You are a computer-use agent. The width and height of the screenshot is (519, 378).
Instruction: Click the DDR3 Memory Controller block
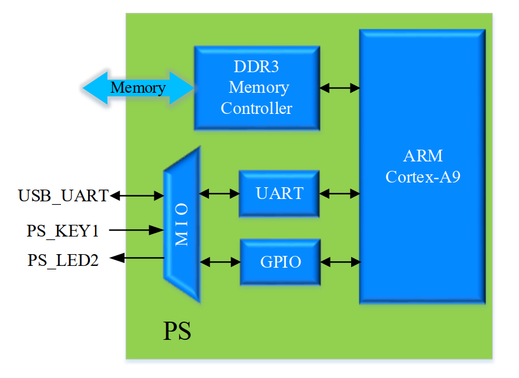coord(257,87)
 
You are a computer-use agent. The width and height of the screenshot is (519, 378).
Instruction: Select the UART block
coord(279,194)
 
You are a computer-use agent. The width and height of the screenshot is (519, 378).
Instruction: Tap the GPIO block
coord(281,262)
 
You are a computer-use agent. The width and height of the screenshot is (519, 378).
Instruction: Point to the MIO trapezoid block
coord(182,224)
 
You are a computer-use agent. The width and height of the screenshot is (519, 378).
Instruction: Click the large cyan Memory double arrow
coord(139,88)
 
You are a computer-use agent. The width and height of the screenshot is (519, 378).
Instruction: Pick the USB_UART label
coord(63,195)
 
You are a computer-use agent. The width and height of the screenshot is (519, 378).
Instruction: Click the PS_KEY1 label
coord(63,231)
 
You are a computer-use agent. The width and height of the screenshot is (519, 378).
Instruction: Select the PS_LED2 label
coord(63,260)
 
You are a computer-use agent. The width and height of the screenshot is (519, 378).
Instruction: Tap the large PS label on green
coord(177,330)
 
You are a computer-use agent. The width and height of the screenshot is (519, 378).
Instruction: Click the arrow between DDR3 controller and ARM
coord(339,88)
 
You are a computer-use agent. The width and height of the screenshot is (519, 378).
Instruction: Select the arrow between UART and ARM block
coord(339,194)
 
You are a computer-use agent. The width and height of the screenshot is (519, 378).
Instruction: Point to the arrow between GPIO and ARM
coord(341,262)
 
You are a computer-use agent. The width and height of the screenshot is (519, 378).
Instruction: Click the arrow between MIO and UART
coord(220,194)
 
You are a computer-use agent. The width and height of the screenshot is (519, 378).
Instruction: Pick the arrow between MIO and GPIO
coord(220,262)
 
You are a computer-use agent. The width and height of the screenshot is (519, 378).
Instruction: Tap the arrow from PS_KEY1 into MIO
coord(136,230)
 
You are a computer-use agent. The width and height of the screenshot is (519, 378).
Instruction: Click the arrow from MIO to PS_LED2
coord(137,258)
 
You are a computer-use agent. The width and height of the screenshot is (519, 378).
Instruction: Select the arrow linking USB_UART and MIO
coord(137,195)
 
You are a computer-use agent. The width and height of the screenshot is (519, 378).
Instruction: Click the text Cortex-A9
coord(423,177)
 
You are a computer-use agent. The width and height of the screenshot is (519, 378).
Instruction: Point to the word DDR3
coord(256,66)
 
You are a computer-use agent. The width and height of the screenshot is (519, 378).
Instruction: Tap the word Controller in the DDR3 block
coord(257,108)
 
